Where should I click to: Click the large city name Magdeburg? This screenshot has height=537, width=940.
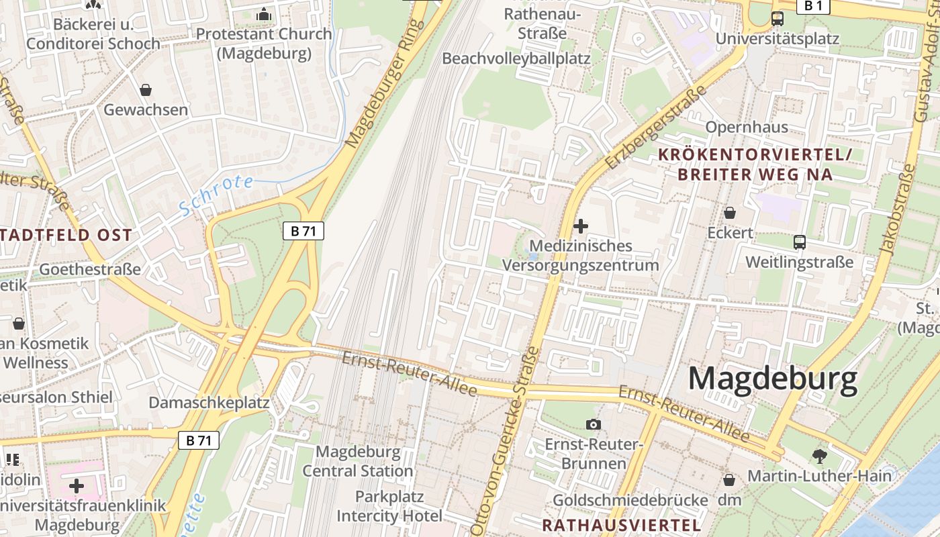click(772, 379)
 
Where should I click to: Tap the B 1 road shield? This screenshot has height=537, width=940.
click(813, 6)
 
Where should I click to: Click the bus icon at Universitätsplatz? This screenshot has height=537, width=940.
click(778, 19)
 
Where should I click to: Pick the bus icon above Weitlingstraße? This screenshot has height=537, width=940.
click(799, 242)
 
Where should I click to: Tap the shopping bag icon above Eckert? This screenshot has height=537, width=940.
click(730, 213)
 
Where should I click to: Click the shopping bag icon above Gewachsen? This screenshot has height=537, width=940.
click(146, 89)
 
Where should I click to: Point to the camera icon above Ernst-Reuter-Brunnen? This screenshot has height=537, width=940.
click(594, 424)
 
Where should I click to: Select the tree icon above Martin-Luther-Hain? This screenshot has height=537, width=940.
click(819, 456)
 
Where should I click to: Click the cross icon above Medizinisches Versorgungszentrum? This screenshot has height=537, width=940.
click(581, 226)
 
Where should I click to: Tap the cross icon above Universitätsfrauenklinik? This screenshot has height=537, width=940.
click(77, 485)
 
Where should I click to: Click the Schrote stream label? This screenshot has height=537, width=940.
click(216, 195)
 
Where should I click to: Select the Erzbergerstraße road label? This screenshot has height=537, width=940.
click(656, 128)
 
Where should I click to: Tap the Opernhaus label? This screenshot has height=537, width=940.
click(747, 127)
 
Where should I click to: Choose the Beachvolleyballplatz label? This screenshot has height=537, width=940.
click(516, 58)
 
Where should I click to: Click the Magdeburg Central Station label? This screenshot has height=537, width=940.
click(357, 461)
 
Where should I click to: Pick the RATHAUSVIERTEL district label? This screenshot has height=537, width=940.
click(621, 524)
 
